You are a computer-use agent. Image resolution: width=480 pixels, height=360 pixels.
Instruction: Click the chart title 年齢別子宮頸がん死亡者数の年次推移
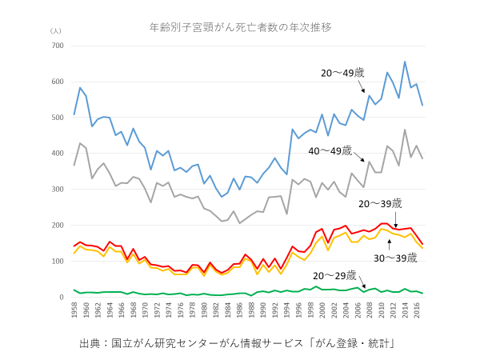[240, 27]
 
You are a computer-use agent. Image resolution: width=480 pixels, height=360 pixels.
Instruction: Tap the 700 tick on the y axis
[57, 46]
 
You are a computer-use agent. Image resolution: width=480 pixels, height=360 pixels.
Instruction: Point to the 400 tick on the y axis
[57, 154]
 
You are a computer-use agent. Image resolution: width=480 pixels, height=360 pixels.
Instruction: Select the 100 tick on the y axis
[57, 262]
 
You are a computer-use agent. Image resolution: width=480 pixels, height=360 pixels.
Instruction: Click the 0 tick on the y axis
[61, 298]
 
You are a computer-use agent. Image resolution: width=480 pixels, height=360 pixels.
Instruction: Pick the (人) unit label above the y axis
[55, 30]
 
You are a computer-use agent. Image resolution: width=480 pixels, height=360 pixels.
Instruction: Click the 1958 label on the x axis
[74, 312]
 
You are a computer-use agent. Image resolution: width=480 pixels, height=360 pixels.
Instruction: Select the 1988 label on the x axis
[252, 312]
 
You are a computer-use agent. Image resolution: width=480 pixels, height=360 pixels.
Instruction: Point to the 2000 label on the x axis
[322, 312]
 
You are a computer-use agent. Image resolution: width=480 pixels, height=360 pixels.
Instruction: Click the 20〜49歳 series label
[342, 73]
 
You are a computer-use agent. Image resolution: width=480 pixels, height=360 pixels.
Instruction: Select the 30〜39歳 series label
[395, 258]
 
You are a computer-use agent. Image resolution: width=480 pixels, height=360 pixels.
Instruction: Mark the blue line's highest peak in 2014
[405, 62]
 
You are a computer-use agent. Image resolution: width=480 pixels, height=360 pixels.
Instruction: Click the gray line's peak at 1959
[80, 143]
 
